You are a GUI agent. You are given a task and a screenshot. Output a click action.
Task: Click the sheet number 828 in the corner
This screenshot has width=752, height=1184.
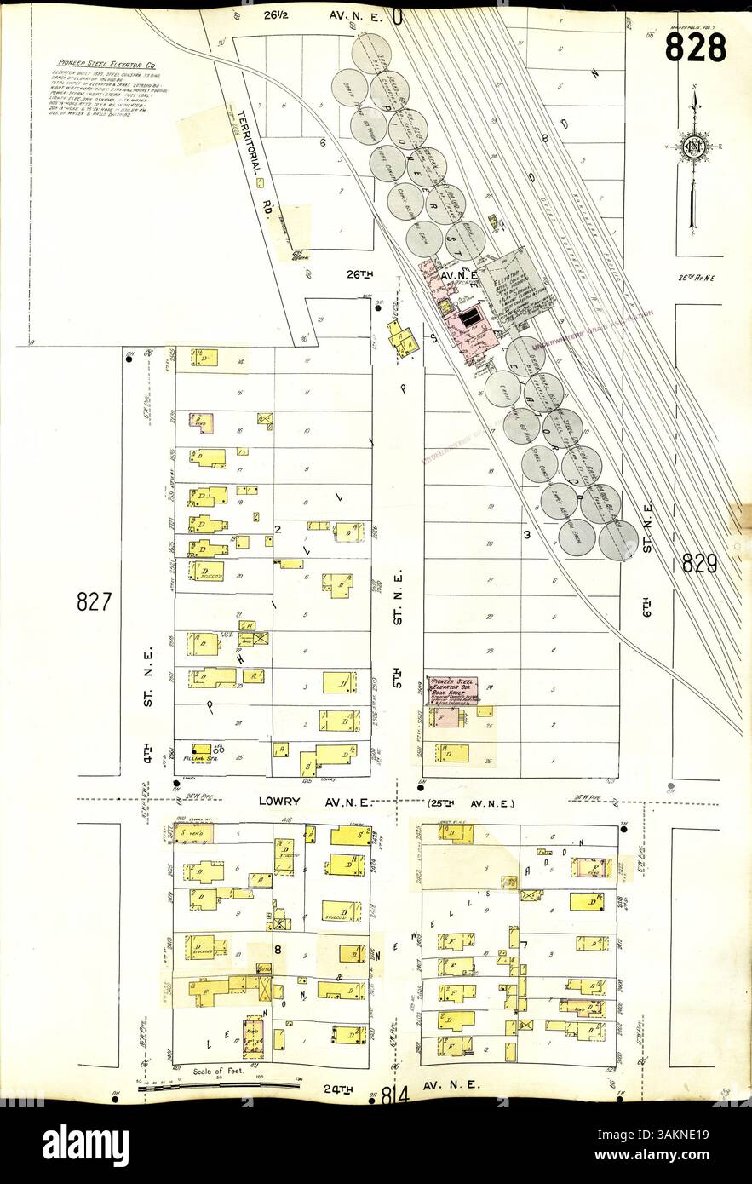pos(695,47)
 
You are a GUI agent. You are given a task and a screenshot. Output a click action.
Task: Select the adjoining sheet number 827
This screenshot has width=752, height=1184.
pos(95,602)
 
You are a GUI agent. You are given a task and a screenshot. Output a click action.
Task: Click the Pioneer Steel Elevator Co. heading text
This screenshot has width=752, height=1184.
pos(106,64)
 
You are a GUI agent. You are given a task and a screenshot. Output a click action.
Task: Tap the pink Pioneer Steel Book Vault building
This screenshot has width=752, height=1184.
pos(452,689)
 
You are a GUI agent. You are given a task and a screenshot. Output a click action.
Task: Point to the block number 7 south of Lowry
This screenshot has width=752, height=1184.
pos(525,945)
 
